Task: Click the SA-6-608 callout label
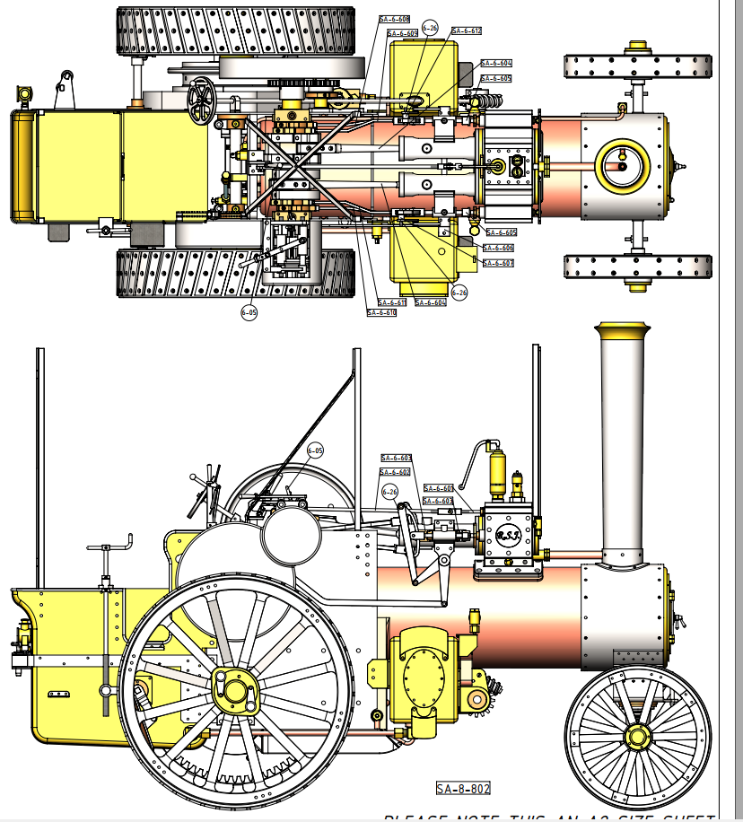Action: coord(394,19)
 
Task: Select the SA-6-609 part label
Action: coord(402,33)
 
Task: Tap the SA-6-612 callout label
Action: coord(467,31)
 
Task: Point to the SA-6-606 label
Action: coord(498,248)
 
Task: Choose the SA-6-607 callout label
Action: coord(497,263)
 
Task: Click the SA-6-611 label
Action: coord(392,302)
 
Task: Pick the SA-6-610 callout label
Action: coord(381,313)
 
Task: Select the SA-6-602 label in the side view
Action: coord(395,472)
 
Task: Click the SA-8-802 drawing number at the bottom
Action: coord(463,789)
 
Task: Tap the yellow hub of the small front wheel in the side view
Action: coord(638,737)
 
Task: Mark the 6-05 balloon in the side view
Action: coord(315,450)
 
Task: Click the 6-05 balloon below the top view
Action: coord(249,312)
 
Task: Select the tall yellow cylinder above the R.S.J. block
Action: coord(496,474)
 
